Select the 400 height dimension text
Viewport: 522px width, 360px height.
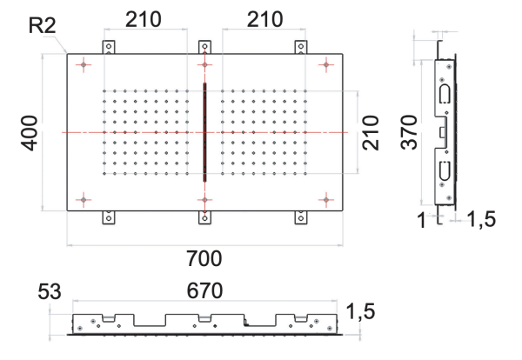pos(30,130)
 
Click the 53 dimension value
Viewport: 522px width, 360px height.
pos(49,290)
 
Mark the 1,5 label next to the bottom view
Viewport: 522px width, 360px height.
pos(360,310)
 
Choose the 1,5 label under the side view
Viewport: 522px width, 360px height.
pos(481,221)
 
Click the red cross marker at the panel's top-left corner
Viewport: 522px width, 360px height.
pos(83,64)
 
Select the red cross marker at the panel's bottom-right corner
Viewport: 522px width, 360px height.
pos(325,200)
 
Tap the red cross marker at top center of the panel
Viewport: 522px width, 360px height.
pos(204,64)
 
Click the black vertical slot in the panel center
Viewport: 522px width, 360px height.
pos(204,131)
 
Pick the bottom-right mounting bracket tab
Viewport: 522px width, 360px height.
pos(301,217)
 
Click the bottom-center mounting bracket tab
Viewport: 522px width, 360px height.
pos(204,217)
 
